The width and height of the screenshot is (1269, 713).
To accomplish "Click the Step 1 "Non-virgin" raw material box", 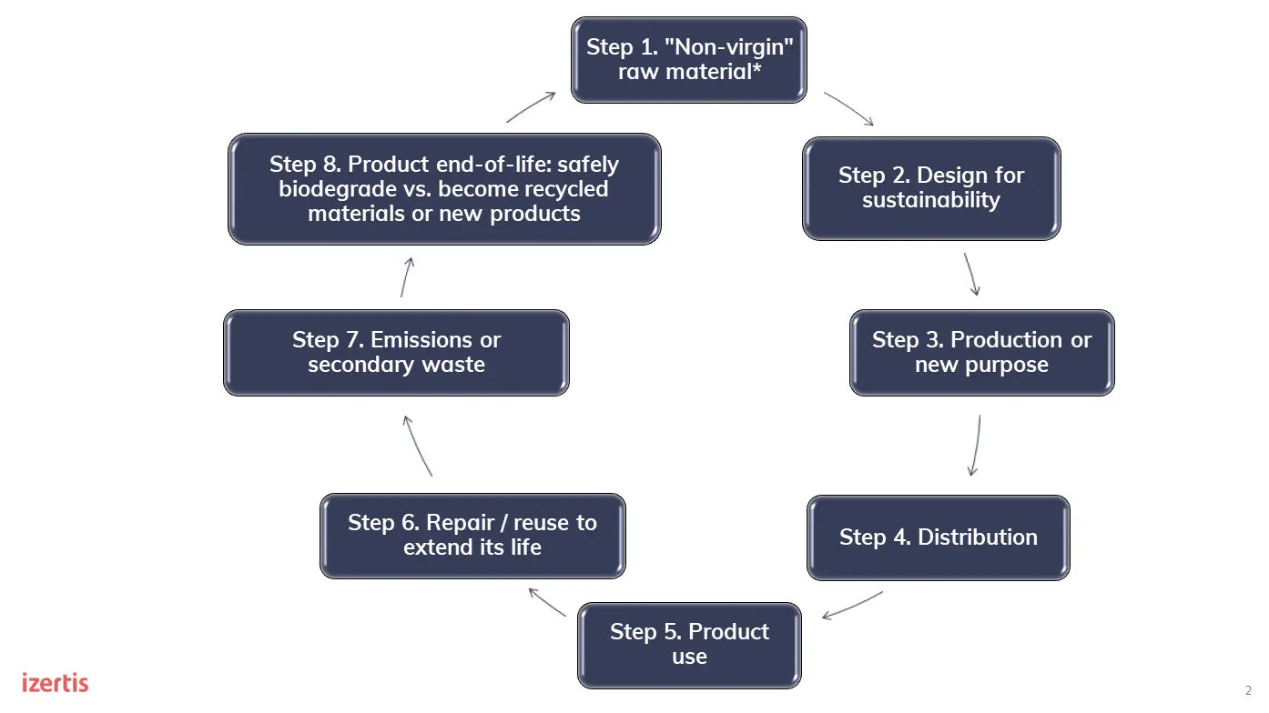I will (x=688, y=59).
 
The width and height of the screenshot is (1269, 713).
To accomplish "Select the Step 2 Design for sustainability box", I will (x=931, y=188).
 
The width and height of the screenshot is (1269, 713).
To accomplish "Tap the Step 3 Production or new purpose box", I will (x=981, y=353).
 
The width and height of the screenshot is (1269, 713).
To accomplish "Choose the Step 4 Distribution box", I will (x=938, y=537).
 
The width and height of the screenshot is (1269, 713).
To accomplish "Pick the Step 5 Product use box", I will (x=689, y=645).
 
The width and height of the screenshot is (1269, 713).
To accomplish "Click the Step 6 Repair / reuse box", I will (x=472, y=536).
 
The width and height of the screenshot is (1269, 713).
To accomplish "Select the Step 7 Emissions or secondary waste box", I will (x=396, y=353).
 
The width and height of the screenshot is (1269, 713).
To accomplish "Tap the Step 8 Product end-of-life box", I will (x=444, y=189).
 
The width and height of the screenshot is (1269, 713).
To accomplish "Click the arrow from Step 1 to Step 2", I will (x=848, y=108).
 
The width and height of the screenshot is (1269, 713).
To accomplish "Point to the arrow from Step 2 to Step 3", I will (x=972, y=274).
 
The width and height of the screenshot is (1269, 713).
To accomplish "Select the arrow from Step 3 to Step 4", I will (x=976, y=446).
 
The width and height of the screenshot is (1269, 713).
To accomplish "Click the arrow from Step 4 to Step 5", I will (x=852, y=606).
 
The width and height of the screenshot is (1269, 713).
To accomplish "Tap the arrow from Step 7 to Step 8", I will (x=406, y=276).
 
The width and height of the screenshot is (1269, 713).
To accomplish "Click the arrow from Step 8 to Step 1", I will (x=531, y=107).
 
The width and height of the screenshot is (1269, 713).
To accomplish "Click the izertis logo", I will (x=55, y=682).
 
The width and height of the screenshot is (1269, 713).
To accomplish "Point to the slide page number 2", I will (x=1248, y=690).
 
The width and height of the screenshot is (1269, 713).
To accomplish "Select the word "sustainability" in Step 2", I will (x=931, y=200).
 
